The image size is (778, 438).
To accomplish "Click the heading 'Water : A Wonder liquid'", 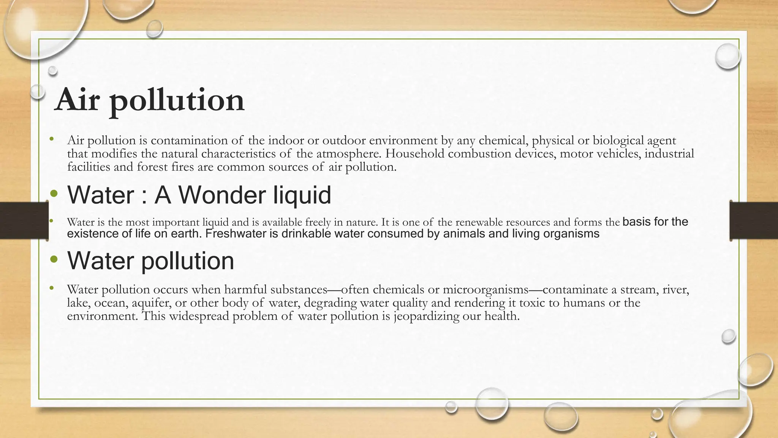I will click(x=199, y=195).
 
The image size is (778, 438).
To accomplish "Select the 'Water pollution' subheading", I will click(x=150, y=261).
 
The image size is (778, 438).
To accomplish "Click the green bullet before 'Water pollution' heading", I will click(x=54, y=260).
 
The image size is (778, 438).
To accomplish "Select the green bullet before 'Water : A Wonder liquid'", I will click(x=54, y=194).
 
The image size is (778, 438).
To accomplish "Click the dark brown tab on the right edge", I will click(x=754, y=221).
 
